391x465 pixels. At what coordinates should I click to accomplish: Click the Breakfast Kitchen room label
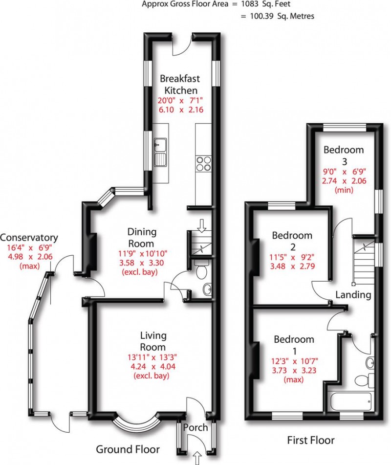pyautogui.click(x=180, y=84)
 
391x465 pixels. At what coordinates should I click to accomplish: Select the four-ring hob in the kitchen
pyautogui.click(x=203, y=163)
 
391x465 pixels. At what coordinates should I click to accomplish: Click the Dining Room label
pyautogui.click(x=141, y=237)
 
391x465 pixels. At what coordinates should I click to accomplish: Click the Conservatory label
pyautogui.click(x=29, y=238)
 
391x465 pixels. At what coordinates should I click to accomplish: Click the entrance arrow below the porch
pyautogui.click(x=197, y=458)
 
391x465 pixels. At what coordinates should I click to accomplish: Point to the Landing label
pyautogui.click(x=353, y=295)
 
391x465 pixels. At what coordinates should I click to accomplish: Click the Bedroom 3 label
pyautogui.click(x=344, y=155)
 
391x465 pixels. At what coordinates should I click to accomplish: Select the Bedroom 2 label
pyautogui.click(x=292, y=241)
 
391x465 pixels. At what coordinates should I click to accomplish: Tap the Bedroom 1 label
pyautogui.click(x=293, y=345)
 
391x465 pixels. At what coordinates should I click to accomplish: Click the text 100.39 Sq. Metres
pyautogui.click(x=277, y=16)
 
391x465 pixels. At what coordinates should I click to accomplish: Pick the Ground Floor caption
pyautogui.click(x=128, y=449)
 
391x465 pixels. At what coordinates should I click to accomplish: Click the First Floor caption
pyautogui.click(x=311, y=440)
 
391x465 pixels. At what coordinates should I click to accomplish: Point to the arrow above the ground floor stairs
pyautogui.click(x=201, y=226)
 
